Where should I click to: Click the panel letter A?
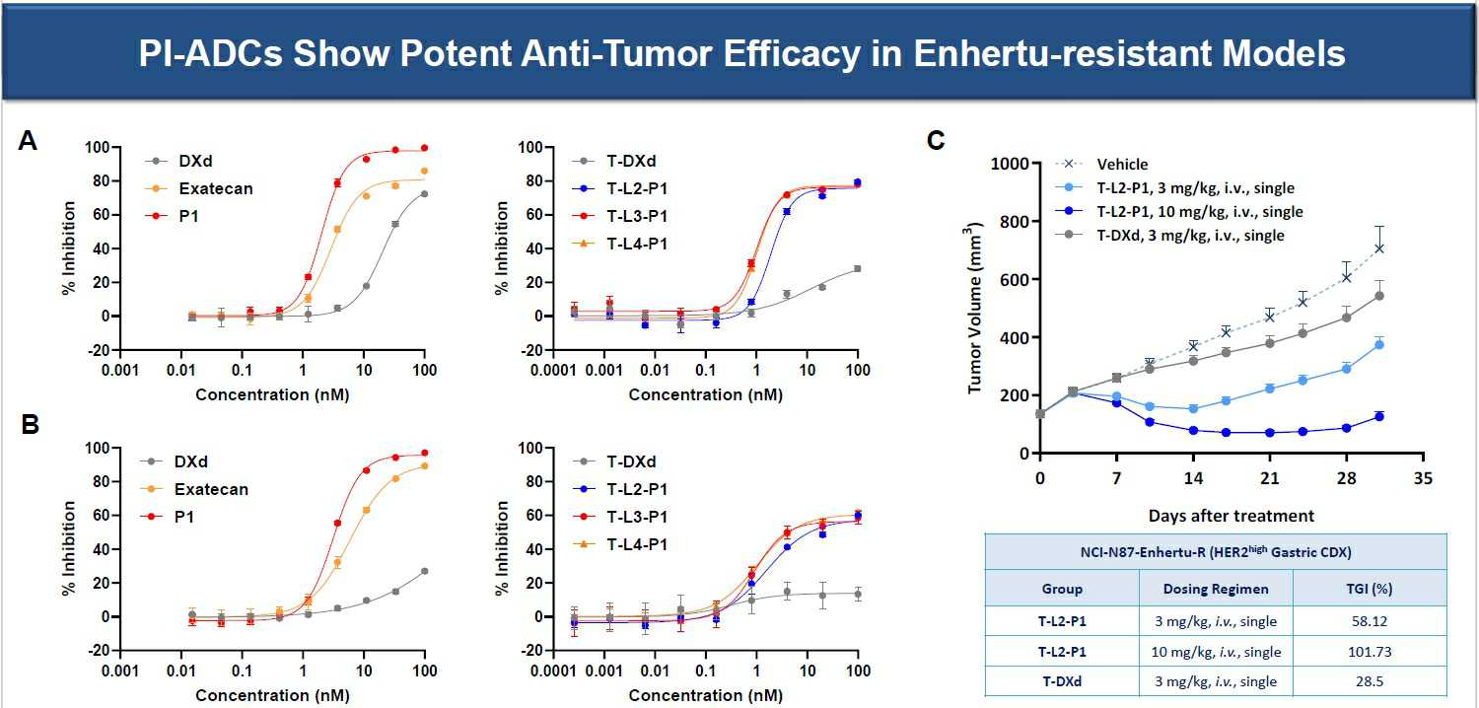(29, 142)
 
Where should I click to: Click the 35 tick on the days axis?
(1422, 478)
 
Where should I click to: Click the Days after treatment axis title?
(1231, 516)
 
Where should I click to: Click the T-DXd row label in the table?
(1062, 681)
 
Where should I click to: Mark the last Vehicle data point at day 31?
(1379, 248)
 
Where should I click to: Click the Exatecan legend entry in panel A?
(214, 188)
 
